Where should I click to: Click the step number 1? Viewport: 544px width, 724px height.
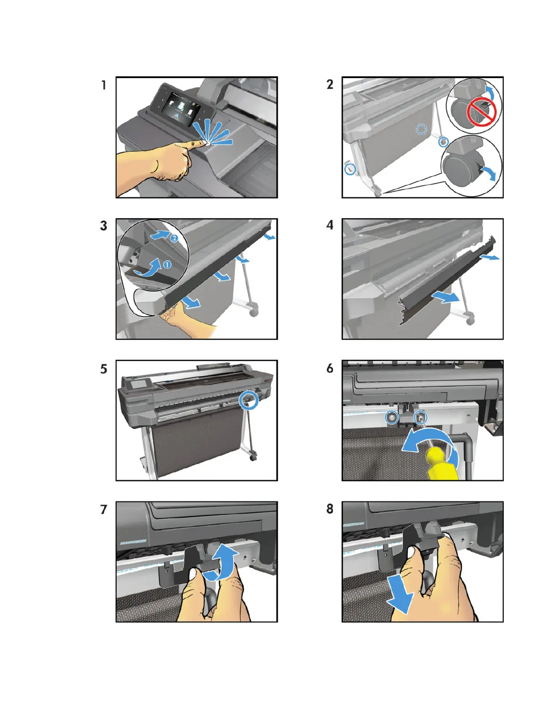[104, 85]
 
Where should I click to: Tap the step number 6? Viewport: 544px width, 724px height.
[330, 368]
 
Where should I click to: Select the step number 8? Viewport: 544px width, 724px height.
[330, 509]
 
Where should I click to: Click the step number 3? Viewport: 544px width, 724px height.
[104, 226]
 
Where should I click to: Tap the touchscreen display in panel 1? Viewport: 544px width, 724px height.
[180, 108]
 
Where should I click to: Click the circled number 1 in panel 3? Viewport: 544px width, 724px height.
[167, 264]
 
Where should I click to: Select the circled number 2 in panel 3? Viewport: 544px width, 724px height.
[174, 238]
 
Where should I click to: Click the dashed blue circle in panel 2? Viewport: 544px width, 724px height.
[421, 129]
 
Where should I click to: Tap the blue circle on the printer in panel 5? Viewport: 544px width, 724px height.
[249, 400]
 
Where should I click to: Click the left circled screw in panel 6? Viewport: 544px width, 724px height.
[392, 418]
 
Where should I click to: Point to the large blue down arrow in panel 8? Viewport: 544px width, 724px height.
[400, 600]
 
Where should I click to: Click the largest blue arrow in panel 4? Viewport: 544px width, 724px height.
[446, 297]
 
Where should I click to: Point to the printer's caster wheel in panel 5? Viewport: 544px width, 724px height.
[253, 458]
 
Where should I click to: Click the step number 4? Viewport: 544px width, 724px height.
[330, 225]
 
